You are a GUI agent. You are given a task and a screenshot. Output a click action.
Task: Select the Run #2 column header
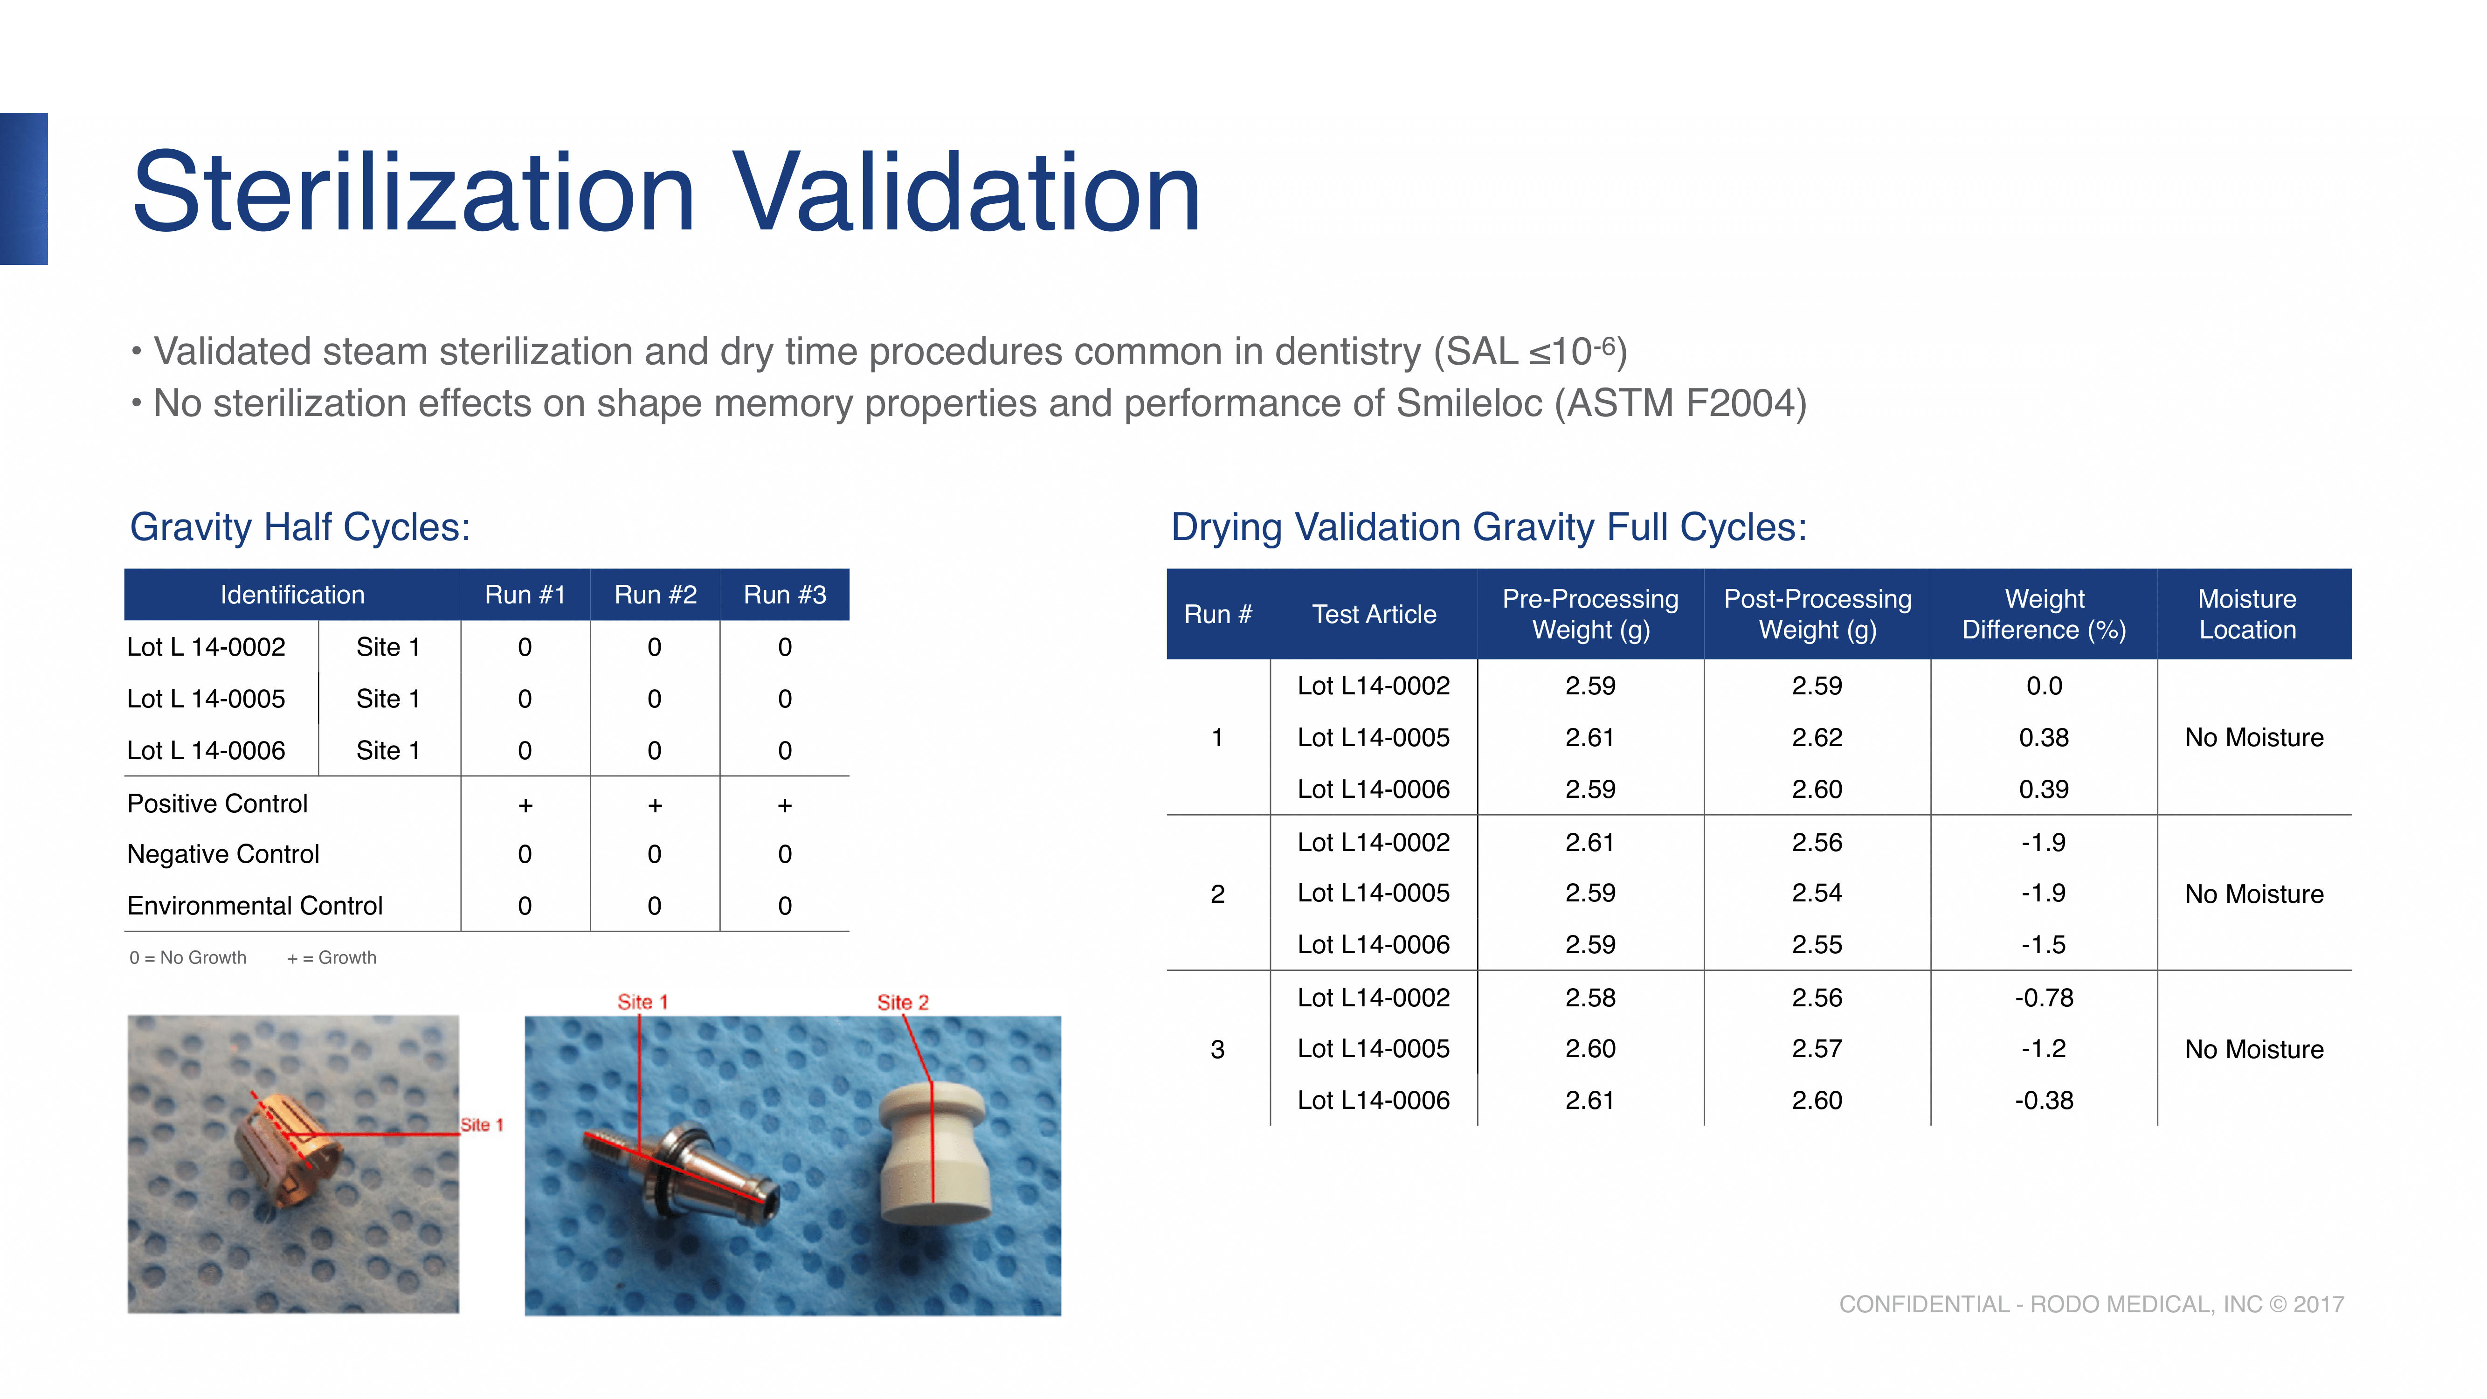656,595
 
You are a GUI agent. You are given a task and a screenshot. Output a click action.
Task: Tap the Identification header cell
292,595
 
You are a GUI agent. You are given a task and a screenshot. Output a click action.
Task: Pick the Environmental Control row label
255,906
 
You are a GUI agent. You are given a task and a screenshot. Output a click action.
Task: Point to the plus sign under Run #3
785,805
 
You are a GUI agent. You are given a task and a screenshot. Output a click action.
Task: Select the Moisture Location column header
2247,614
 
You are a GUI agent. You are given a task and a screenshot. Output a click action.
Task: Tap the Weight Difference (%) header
2044,614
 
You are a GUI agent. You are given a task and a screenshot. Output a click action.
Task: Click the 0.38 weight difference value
2044,738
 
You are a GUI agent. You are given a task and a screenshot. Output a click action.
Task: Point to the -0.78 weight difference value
2044,997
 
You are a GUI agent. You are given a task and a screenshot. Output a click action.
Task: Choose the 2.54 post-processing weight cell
1817,893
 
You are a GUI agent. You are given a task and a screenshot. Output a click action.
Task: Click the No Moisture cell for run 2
2254,894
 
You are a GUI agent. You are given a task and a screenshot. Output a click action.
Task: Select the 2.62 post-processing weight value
1817,738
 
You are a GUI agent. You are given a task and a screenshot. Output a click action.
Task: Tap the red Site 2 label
903,1002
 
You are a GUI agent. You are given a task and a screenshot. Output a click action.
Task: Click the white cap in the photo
932,1154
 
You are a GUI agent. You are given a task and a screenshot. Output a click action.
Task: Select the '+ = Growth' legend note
331,958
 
